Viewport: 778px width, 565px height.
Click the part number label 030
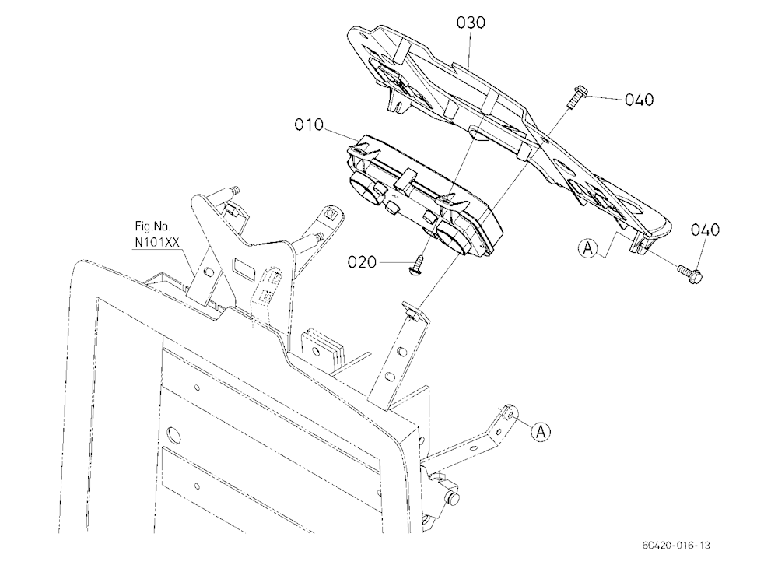pyautogui.click(x=471, y=23)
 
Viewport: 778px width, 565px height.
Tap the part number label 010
pyautogui.click(x=309, y=125)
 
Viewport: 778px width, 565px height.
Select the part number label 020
pyautogui.click(x=362, y=262)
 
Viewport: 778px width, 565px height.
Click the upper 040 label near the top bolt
pyautogui.click(x=639, y=100)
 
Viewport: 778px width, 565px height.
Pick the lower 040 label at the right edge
pyautogui.click(x=705, y=230)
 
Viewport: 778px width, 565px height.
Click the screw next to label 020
pyautogui.click(x=419, y=265)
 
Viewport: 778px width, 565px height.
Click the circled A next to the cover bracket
pyautogui.click(x=588, y=247)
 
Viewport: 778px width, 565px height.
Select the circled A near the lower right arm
pyautogui.click(x=541, y=431)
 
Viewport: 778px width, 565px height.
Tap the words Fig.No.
pyautogui.click(x=152, y=227)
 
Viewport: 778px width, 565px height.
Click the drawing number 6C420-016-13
pyautogui.click(x=675, y=545)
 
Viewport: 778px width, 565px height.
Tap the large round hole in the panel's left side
pyautogui.click(x=173, y=434)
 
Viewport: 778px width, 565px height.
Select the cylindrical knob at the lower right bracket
pyautogui.click(x=453, y=498)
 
